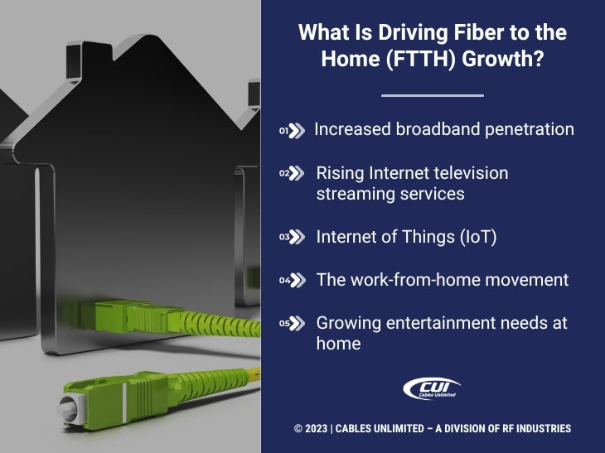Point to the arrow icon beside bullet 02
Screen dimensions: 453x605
click(x=297, y=173)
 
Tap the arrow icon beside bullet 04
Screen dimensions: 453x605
click(x=297, y=280)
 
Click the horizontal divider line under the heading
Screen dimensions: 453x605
click(x=432, y=96)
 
